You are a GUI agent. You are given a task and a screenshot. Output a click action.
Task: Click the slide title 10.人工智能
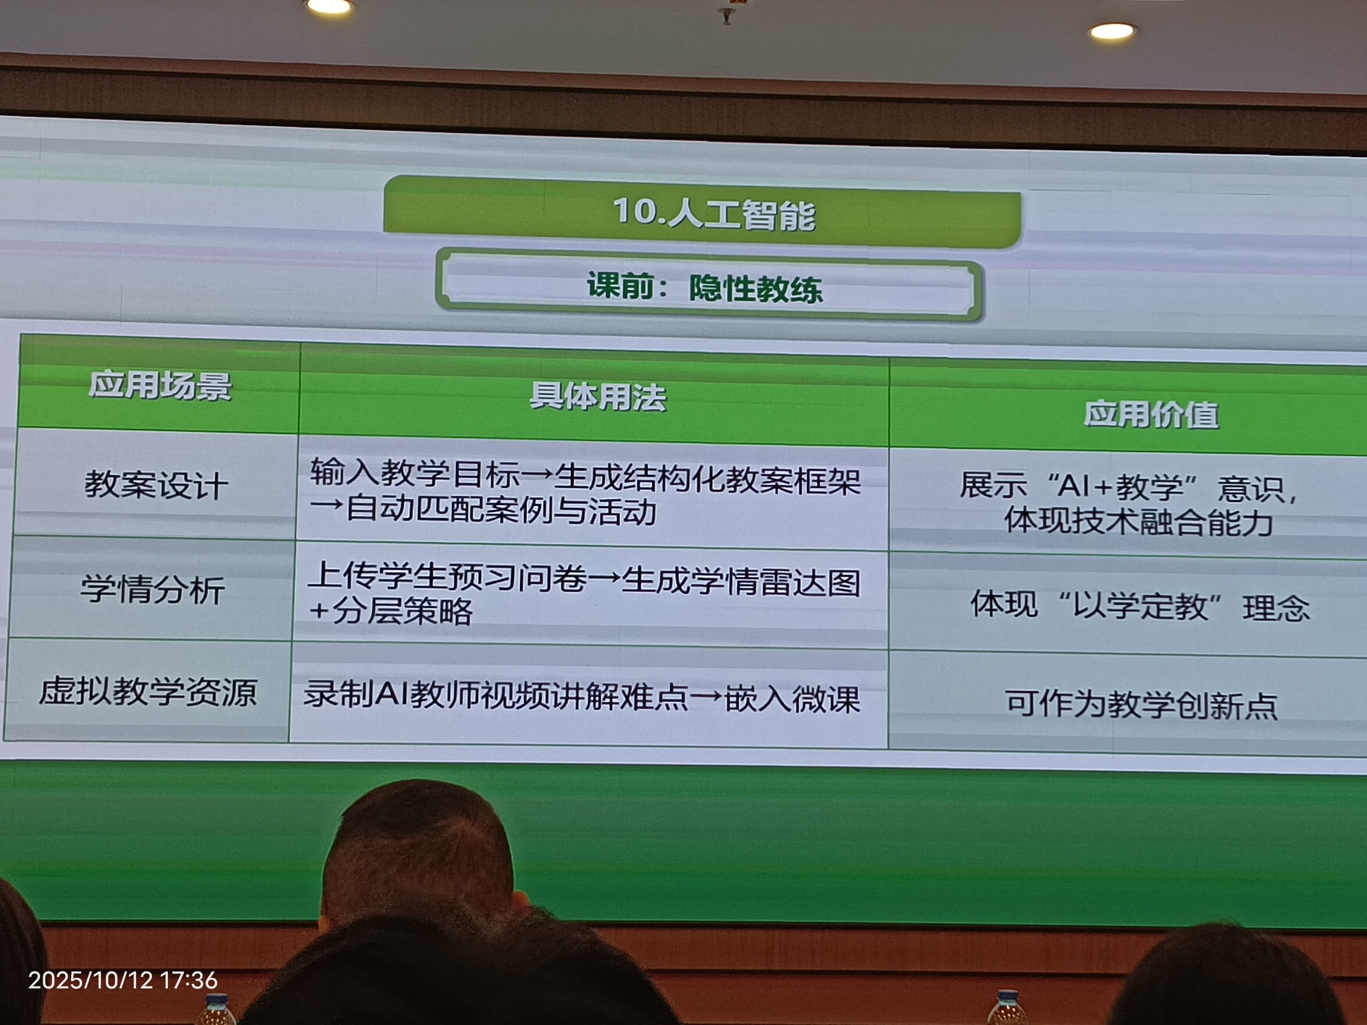[714, 214]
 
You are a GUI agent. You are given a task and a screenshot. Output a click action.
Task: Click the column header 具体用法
[598, 397]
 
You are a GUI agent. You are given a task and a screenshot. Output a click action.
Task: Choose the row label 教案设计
[156, 485]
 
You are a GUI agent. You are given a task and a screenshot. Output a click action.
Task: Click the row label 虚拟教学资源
[148, 691]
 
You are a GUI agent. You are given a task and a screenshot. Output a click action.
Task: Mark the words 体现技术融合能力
[1139, 522]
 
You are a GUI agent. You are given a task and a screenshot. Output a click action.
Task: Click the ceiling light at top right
[1112, 31]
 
